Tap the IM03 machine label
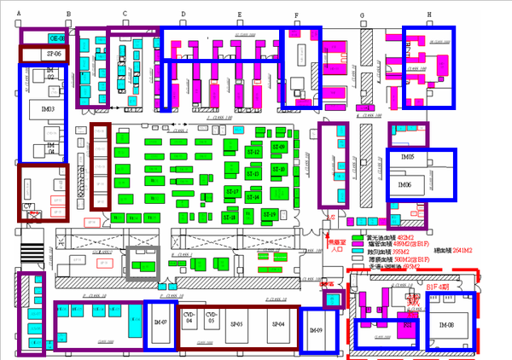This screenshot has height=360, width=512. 48,109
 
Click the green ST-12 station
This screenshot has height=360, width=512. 253,152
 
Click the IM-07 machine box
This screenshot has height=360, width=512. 160,325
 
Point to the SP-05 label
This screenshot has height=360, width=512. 240,325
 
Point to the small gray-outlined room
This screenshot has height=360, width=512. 143,264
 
